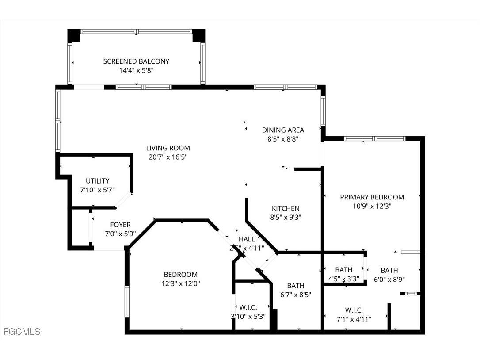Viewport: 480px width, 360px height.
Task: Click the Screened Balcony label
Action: coord(136,61)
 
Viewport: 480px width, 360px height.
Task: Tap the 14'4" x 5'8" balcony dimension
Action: coord(136,70)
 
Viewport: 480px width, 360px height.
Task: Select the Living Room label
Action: coord(168,148)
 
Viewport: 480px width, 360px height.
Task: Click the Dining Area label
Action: coord(283,130)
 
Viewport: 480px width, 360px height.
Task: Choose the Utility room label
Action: coord(97,181)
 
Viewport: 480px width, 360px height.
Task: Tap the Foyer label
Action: coord(120,225)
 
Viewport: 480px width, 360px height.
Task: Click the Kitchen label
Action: coord(286,208)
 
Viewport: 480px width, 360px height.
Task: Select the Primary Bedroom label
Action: coord(372,197)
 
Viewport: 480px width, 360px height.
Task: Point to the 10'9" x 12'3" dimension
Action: coord(372,206)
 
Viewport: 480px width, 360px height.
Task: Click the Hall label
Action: coord(247,239)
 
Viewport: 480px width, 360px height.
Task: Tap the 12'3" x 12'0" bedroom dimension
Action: coord(180,283)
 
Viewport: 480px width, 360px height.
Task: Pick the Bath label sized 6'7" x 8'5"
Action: coord(295,286)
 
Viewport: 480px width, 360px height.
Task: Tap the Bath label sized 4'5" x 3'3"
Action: coord(343,270)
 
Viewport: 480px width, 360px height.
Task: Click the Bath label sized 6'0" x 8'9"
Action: coord(389,270)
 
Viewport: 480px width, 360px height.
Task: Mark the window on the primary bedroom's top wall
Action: coord(374,138)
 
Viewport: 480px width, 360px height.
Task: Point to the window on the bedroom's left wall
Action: coord(127,301)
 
